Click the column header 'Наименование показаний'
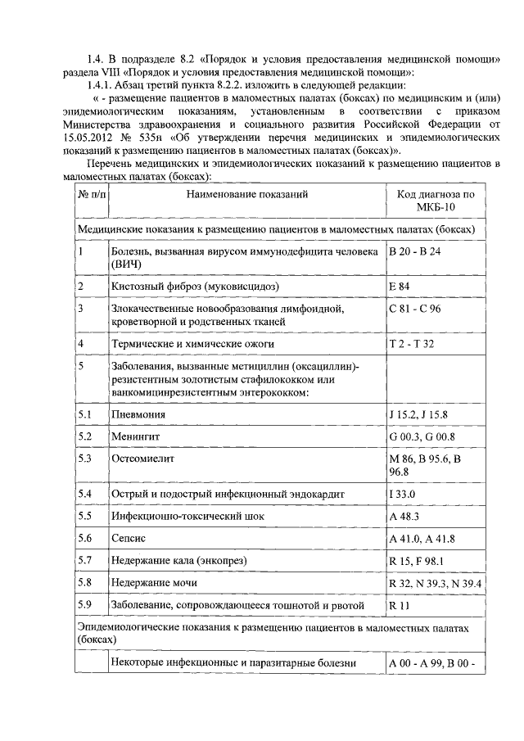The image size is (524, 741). pos(246,196)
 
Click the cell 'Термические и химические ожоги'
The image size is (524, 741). pos(193,344)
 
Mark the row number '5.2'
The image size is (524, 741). pos(85,436)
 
